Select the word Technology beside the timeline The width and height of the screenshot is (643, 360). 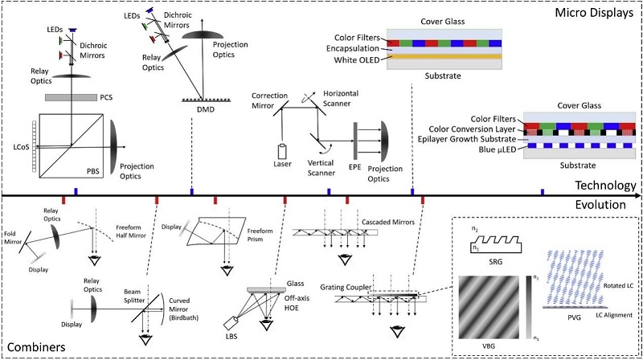coord(604,186)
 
